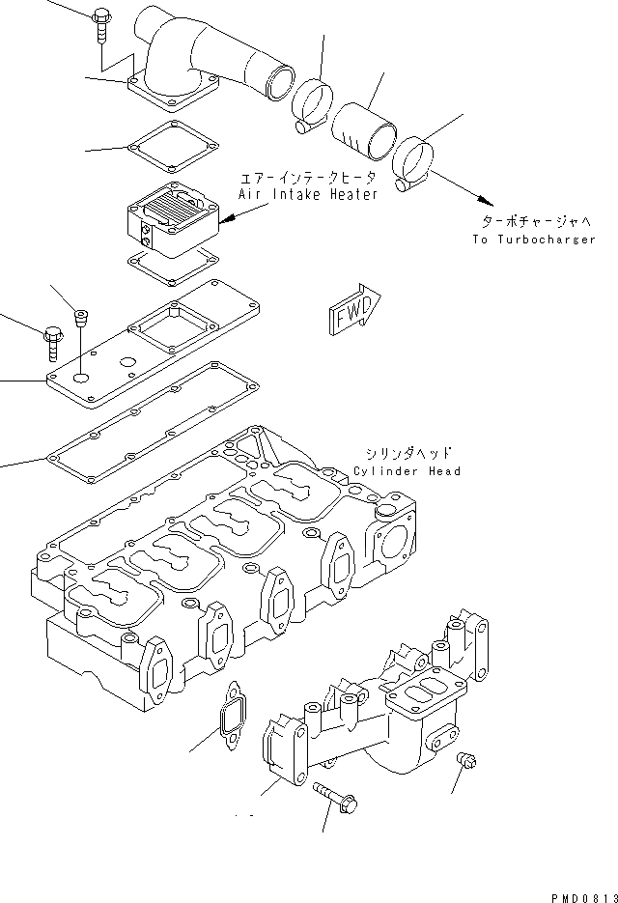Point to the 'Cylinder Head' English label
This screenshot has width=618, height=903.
407,471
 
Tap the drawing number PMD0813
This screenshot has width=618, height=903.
582,894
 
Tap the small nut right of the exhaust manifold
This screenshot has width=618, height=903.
463,763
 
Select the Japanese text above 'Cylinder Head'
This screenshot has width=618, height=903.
407,452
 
